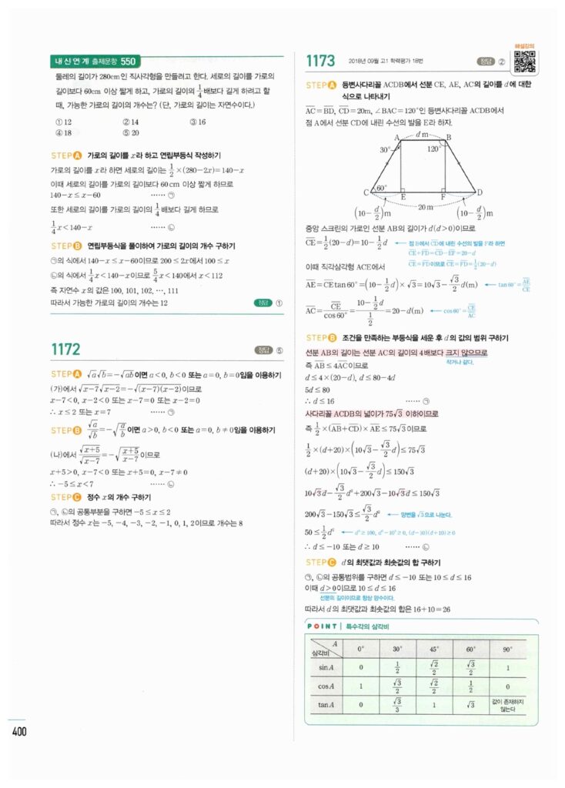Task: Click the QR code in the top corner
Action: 524,62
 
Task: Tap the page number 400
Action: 19,730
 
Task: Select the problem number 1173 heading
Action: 320,61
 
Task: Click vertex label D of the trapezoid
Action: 480,192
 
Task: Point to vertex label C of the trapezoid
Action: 366,192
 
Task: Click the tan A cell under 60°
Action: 470,706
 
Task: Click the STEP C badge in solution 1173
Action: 322,558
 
